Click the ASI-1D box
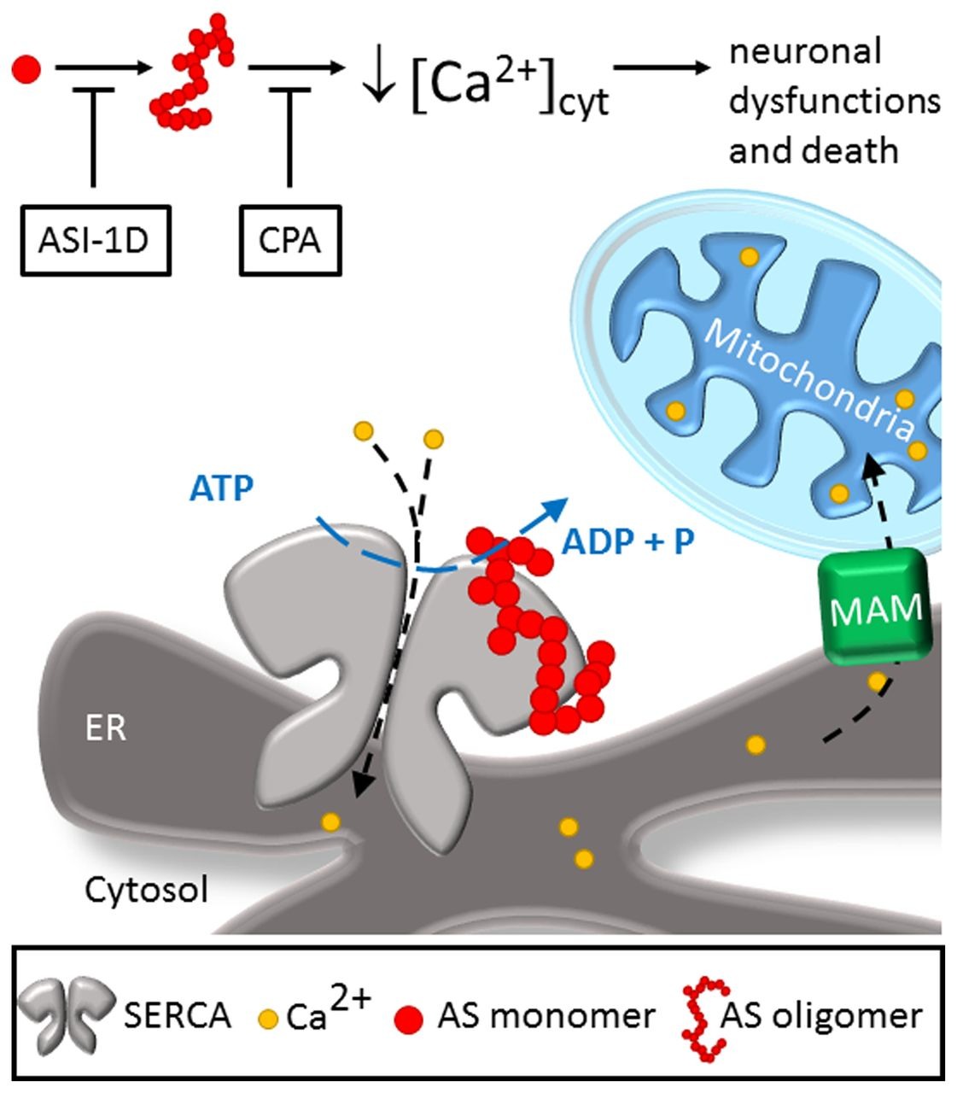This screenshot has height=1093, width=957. point(94,240)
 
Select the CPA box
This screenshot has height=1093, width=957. point(290,240)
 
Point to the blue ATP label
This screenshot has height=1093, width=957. point(221,488)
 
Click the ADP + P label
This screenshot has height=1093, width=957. point(627,541)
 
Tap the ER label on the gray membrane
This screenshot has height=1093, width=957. point(105,728)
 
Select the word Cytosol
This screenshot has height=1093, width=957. point(146,891)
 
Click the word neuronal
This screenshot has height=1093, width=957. point(804,52)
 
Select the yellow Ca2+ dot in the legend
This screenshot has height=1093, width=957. point(268,1019)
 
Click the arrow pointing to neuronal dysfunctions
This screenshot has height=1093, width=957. point(662,68)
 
